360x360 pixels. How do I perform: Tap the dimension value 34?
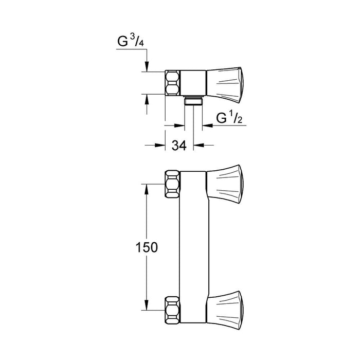pos(178,146)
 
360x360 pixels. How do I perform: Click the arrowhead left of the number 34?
pos(160,146)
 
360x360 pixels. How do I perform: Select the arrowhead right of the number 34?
pos(197,146)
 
